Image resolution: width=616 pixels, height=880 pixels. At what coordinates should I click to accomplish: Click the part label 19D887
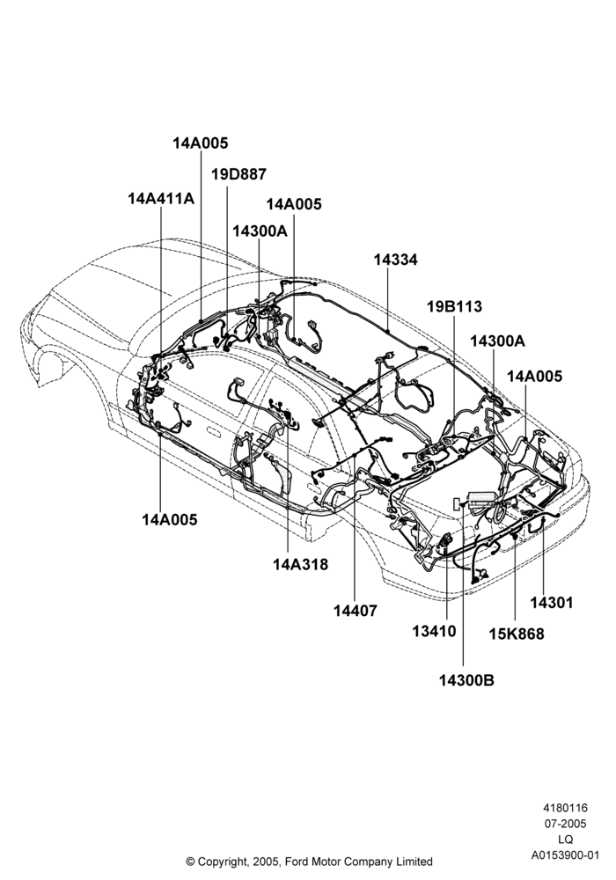point(238,174)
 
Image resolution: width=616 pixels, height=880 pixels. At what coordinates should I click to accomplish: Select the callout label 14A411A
point(162,199)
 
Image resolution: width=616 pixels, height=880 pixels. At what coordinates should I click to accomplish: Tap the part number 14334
point(395,260)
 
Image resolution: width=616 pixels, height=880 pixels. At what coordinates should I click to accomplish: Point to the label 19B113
point(454,307)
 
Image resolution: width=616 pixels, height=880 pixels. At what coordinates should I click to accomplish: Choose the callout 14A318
point(301,564)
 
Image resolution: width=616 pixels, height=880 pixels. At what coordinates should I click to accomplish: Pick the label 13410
point(434,631)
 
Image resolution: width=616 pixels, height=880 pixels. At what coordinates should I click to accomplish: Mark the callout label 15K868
point(517,634)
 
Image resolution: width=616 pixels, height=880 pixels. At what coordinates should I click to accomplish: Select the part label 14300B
point(466,680)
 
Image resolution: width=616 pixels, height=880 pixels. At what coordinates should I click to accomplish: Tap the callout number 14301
point(552,603)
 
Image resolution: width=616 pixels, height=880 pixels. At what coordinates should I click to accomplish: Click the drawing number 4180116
point(565,808)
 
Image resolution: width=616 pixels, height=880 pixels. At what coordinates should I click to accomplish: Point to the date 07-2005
point(566,824)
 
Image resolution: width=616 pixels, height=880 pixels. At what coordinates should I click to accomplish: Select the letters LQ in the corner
point(566,840)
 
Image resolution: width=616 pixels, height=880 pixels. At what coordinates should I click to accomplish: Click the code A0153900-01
point(566,855)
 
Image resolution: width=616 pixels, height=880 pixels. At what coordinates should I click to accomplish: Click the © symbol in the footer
point(190,862)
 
